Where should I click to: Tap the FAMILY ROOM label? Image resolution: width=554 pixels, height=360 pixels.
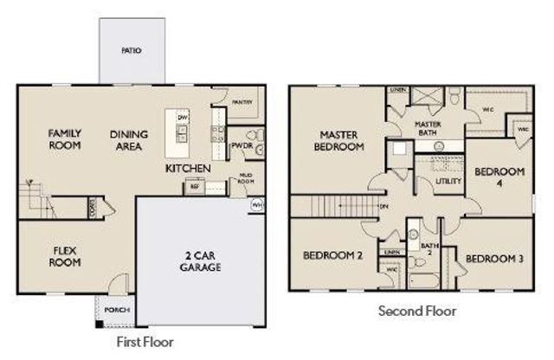click(x=65, y=139)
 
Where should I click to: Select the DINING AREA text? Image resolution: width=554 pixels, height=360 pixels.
click(x=129, y=140)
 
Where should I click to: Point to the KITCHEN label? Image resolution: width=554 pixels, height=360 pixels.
click(x=188, y=167)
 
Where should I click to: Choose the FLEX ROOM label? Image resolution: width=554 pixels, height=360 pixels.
click(x=64, y=256)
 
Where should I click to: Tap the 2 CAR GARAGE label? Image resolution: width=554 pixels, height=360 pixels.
click(x=201, y=260)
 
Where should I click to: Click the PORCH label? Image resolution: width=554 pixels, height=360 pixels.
click(x=115, y=309)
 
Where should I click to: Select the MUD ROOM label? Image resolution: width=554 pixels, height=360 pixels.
click(x=245, y=178)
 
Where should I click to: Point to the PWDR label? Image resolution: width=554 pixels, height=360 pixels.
click(x=241, y=145)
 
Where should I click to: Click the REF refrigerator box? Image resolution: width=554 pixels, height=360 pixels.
click(x=195, y=185)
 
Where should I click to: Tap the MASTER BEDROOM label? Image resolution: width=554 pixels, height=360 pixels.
click(x=340, y=141)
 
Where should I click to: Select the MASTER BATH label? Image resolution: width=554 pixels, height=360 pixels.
click(x=428, y=128)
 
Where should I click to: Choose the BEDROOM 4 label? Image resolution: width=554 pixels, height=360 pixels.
click(x=493, y=178)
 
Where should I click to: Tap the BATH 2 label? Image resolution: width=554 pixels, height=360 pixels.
click(x=428, y=250)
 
